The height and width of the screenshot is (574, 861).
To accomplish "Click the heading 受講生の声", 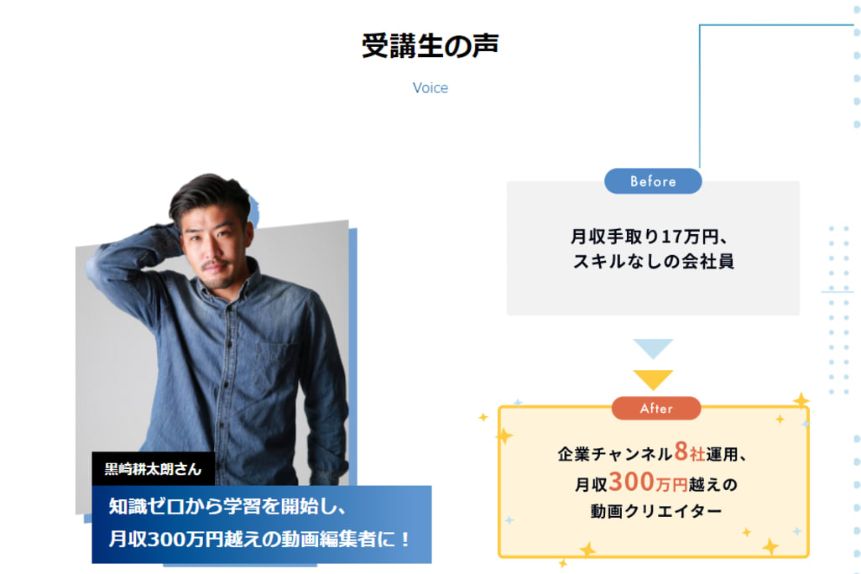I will click(x=430, y=46).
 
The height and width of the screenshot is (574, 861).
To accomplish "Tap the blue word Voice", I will click(x=430, y=88).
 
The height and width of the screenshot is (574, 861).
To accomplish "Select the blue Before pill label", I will click(x=653, y=181).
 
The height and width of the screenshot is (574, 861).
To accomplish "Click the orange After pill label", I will click(x=656, y=409).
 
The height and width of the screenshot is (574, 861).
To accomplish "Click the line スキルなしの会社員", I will click(x=653, y=261).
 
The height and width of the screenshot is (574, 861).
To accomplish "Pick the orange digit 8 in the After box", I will click(x=681, y=453).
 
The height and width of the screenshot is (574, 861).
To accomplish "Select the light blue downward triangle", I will click(x=653, y=347).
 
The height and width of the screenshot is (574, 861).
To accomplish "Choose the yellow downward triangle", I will click(x=653, y=378).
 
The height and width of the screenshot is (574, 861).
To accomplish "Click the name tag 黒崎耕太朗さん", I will click(x=153, y=469).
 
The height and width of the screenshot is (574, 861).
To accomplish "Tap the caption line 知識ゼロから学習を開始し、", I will click(x=227, y=508).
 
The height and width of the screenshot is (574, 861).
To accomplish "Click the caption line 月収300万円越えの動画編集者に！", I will click(x=260, y=539).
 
